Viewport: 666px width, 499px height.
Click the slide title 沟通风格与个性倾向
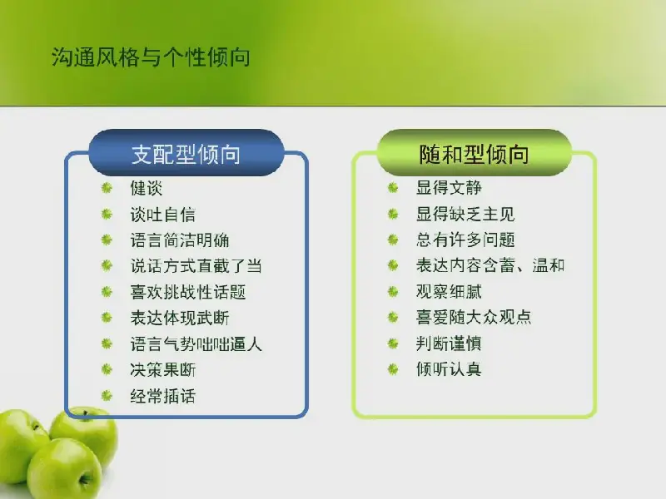coord(151,57)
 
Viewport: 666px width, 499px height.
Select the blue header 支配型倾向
coord(186,153)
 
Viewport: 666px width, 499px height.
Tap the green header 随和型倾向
coord(474,153)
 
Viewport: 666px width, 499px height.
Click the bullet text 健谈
coord(147,188)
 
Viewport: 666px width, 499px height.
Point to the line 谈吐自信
coord(162,215)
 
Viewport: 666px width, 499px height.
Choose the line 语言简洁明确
coord(180,240)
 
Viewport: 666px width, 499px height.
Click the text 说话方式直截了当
coord(196,266)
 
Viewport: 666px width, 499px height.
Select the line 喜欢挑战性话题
coord(188,292)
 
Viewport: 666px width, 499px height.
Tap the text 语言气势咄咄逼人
coord(196,343)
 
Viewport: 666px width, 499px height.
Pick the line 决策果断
coord(162,369)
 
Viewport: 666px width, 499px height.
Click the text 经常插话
coord(162,396)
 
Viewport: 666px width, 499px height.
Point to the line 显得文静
coord(449,188)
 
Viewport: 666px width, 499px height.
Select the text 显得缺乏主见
coord(465,214)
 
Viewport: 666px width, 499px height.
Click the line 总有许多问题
coord(465,240)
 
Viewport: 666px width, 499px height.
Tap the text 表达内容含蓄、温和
coord(490,265)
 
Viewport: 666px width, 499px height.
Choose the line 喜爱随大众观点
coord(474,317)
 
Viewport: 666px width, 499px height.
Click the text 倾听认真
coord(449,368)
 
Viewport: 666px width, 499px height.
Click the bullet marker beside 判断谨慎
coord(393,343)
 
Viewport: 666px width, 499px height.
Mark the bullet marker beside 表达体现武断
coord(107,318)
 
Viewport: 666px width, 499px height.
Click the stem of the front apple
coord(84,479)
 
